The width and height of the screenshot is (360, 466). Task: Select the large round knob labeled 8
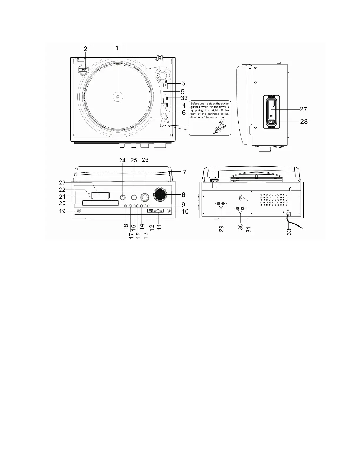point(160,194)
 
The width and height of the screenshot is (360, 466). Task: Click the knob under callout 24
point(123,197)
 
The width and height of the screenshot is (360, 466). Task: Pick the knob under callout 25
point(134,197)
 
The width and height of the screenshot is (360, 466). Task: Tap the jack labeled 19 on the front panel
point(79,211)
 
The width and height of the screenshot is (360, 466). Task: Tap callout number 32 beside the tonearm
point(184,98)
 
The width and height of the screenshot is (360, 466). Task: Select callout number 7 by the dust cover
point(184,172)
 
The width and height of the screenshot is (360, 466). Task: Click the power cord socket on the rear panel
point(288,214)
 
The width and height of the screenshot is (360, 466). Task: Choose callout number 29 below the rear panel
point(221,228)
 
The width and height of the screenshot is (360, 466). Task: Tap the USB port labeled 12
point(150,211)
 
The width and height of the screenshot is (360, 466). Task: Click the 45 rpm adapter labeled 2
point(83,70)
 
